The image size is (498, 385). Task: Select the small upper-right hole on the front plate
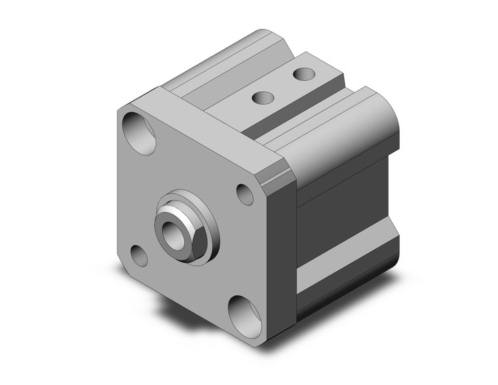(245, 193)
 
